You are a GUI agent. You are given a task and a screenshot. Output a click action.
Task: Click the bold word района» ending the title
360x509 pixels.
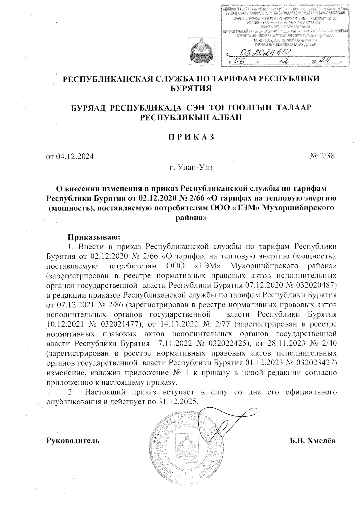[x=191, y=218]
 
